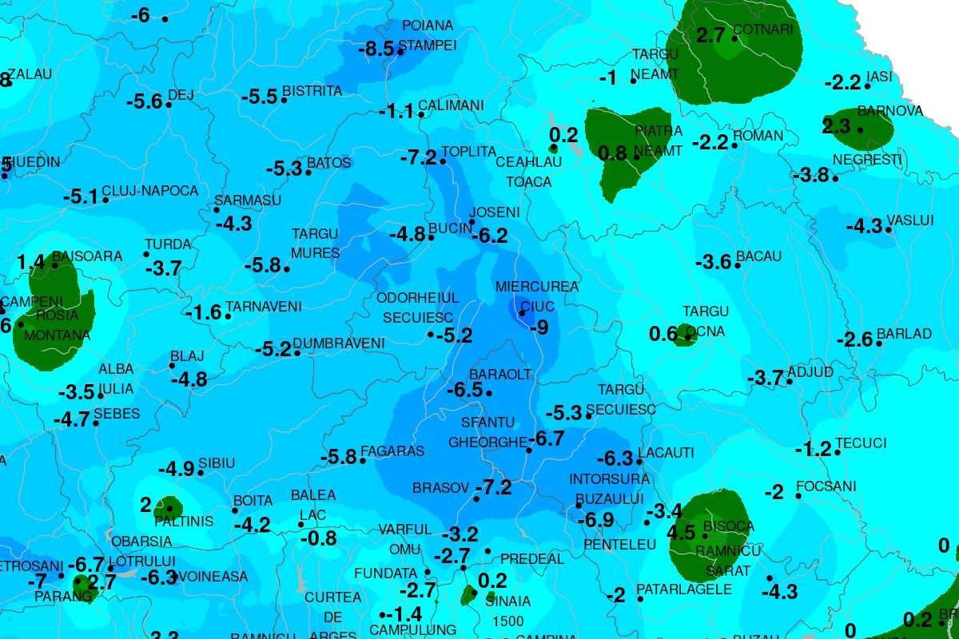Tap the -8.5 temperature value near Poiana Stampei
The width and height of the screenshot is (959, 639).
point(376,49)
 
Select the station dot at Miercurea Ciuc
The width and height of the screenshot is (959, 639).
point(522,313)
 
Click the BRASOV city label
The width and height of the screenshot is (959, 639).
point(439,487)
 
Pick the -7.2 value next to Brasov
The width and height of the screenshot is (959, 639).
point(493,487)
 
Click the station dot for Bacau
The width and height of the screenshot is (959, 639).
point(738,264)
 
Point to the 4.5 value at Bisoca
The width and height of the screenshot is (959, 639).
point(681,533)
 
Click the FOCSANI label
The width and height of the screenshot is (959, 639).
point(826,486)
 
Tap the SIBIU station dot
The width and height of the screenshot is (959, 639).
point(201,473)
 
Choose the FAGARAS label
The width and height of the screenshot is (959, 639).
point(392,451)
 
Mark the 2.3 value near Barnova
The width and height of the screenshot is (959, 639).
point(836,126)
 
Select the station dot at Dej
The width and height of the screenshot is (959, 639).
point(169,105)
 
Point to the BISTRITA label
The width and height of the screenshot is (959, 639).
point(312,91)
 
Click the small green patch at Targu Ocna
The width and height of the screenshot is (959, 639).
point(687,334)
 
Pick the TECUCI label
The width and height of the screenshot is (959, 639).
point(861,443)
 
